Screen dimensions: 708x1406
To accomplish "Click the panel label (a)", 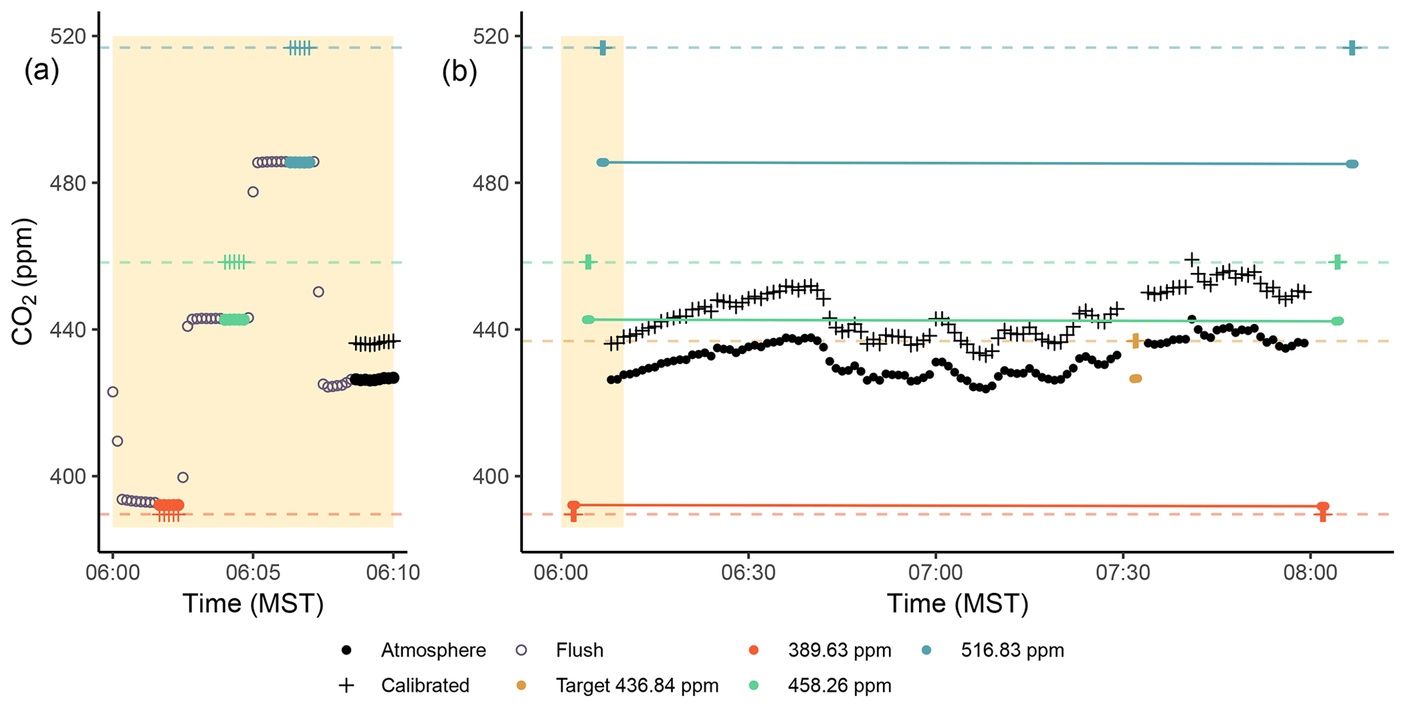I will [x=41, y=71].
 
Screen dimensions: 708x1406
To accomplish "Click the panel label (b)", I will [x=459, y=71].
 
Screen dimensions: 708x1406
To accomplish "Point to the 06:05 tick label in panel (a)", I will [x=252, y=572].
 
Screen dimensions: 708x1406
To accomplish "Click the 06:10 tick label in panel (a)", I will [x=392, y=572].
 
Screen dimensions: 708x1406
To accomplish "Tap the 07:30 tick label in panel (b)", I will [x=1123, y=572].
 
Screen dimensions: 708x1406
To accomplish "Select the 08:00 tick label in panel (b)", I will [x=1311, y=572].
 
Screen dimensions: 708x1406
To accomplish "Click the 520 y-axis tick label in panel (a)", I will [x=71, y=36].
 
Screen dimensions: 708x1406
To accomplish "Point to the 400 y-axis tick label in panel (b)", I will [x=492, y=477].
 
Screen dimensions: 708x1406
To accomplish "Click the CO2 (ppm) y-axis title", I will [x=22, y=282].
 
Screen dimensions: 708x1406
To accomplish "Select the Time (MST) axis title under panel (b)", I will [x=957, y=604].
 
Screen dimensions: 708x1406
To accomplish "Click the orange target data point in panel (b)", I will [x=1135, y=379].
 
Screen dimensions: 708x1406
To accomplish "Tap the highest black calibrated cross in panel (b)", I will [x=1191, y=259].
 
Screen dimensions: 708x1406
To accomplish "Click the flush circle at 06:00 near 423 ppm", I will [x=113, y=392].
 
